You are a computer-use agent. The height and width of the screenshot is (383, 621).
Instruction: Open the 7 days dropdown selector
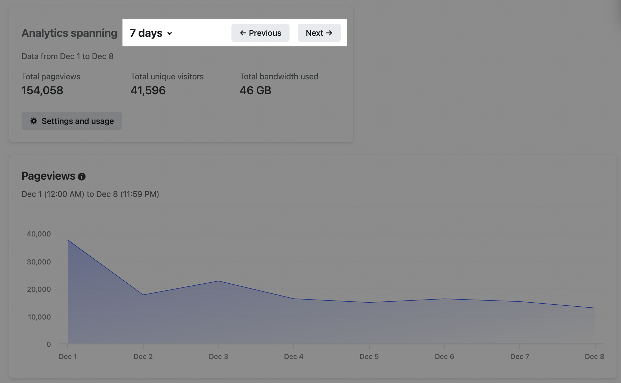click(151, 33)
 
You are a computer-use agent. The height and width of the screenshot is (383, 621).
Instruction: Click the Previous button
click(260, 33)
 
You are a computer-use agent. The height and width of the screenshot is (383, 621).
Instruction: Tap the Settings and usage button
click(72, 121)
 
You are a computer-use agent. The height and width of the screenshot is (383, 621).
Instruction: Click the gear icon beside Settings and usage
click(34, 121)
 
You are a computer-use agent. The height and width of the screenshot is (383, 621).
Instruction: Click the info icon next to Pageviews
click(82, 177)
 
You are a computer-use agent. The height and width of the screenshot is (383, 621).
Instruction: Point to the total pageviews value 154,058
click(42, 91)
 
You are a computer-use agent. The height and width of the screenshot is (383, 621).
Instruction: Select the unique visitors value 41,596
click(148, 91)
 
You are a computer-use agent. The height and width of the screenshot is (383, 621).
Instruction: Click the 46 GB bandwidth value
click(255, 91)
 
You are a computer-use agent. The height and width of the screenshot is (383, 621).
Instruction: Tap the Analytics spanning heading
click(69, 33)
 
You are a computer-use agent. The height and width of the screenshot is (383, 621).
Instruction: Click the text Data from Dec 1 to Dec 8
click(67, 56)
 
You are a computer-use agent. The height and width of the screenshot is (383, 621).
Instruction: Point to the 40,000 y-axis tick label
click(39, 234)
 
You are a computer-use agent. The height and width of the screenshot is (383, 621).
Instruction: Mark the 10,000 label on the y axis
click(39, 317)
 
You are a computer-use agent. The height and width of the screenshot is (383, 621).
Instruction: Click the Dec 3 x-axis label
click(218, 357)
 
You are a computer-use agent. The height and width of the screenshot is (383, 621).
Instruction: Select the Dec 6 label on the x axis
click(444, 357)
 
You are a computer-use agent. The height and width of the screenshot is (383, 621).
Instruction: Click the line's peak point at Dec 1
click(68, 240)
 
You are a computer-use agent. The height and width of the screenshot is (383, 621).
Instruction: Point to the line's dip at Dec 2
click(143, 295)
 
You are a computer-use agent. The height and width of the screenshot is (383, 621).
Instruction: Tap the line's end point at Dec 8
click(595, 308)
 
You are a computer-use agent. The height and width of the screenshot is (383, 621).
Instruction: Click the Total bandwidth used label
click(279, 77)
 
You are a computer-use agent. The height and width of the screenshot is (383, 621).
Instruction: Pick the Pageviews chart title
click(48, 176)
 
